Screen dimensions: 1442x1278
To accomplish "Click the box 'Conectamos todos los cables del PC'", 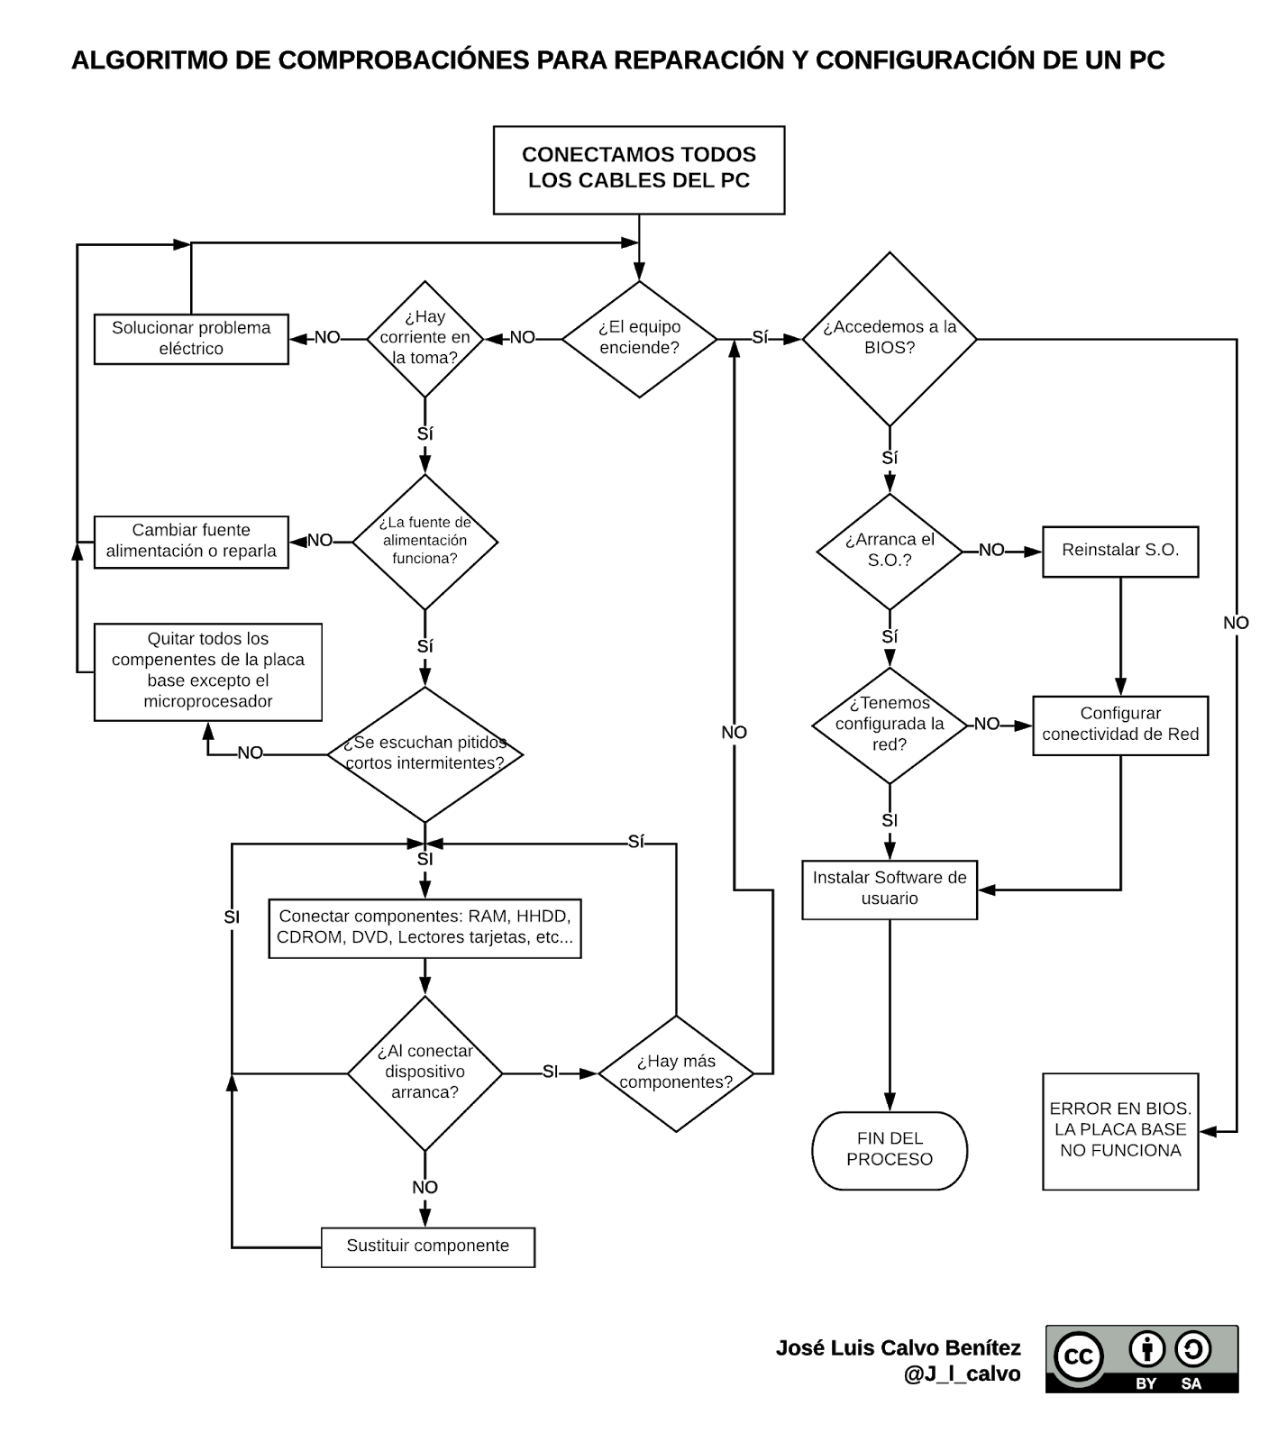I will (x=639, y=169).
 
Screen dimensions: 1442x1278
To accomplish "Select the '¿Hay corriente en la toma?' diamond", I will (x=424, y=339).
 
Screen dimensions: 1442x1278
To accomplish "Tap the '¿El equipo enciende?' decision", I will (x=639, y=339).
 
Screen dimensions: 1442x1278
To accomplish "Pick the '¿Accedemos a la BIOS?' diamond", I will (x=890, y=339).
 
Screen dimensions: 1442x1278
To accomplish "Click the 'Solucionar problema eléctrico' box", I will (x=191, y=339).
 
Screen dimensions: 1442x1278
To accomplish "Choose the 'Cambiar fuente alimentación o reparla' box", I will (x=191, y=541).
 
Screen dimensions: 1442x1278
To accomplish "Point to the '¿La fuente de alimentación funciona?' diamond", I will (x=424, y=541).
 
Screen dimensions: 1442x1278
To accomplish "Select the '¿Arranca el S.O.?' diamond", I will (x=890, y=551).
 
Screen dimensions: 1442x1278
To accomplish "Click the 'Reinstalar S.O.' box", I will (x=1120, y=551).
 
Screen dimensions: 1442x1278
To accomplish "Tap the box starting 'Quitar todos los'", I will (x=208, y=671).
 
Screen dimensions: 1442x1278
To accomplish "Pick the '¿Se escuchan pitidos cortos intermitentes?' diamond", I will (x=424, y=754).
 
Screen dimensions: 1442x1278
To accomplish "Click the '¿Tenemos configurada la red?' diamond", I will (x=890, y=725).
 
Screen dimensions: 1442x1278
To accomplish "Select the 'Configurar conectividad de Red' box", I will (x=1120, y=725).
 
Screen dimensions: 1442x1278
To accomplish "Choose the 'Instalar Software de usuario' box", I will (x=890, y=890).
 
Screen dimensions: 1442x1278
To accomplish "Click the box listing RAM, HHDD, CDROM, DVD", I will (x=424, y=927).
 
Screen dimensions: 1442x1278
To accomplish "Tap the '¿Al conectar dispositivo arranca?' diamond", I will (x=424, y=1072).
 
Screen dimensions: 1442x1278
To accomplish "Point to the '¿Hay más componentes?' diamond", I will (x=676, y=1073).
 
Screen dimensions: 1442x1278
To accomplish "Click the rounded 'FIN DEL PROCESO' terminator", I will (x=890, y=1150).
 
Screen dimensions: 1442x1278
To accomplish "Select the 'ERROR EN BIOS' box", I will (x=1120, y=1131).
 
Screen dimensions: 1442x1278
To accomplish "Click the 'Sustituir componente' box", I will (x=427, y=1246).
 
